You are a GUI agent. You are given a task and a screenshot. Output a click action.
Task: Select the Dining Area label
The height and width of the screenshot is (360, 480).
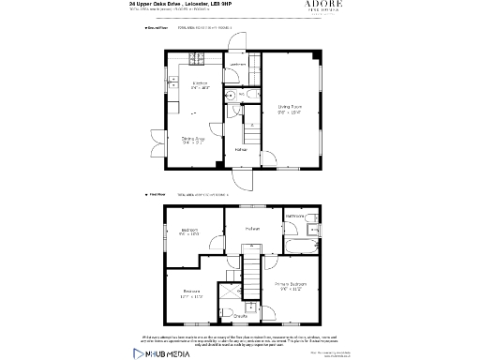click(193, 142)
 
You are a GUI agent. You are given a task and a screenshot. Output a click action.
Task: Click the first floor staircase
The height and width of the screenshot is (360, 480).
click(252, 260)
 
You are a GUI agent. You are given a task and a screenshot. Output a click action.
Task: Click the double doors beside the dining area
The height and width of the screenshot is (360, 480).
click(158, 147)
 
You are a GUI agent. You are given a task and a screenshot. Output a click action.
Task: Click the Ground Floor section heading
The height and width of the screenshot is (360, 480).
click(156, 29)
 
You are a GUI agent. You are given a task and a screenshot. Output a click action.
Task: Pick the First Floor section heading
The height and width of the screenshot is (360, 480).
click(155, 195)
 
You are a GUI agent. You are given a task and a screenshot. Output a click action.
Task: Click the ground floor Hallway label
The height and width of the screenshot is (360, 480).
click(241, 150)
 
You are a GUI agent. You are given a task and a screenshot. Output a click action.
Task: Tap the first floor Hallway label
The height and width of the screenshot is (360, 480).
click(252, 228)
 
